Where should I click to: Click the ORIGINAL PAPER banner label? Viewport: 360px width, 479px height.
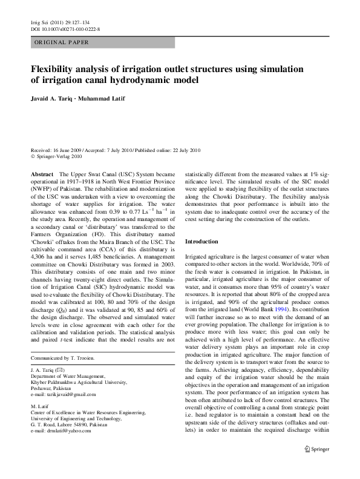coord(61,42)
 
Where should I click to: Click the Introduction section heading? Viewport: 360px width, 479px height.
coord(206,242)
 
